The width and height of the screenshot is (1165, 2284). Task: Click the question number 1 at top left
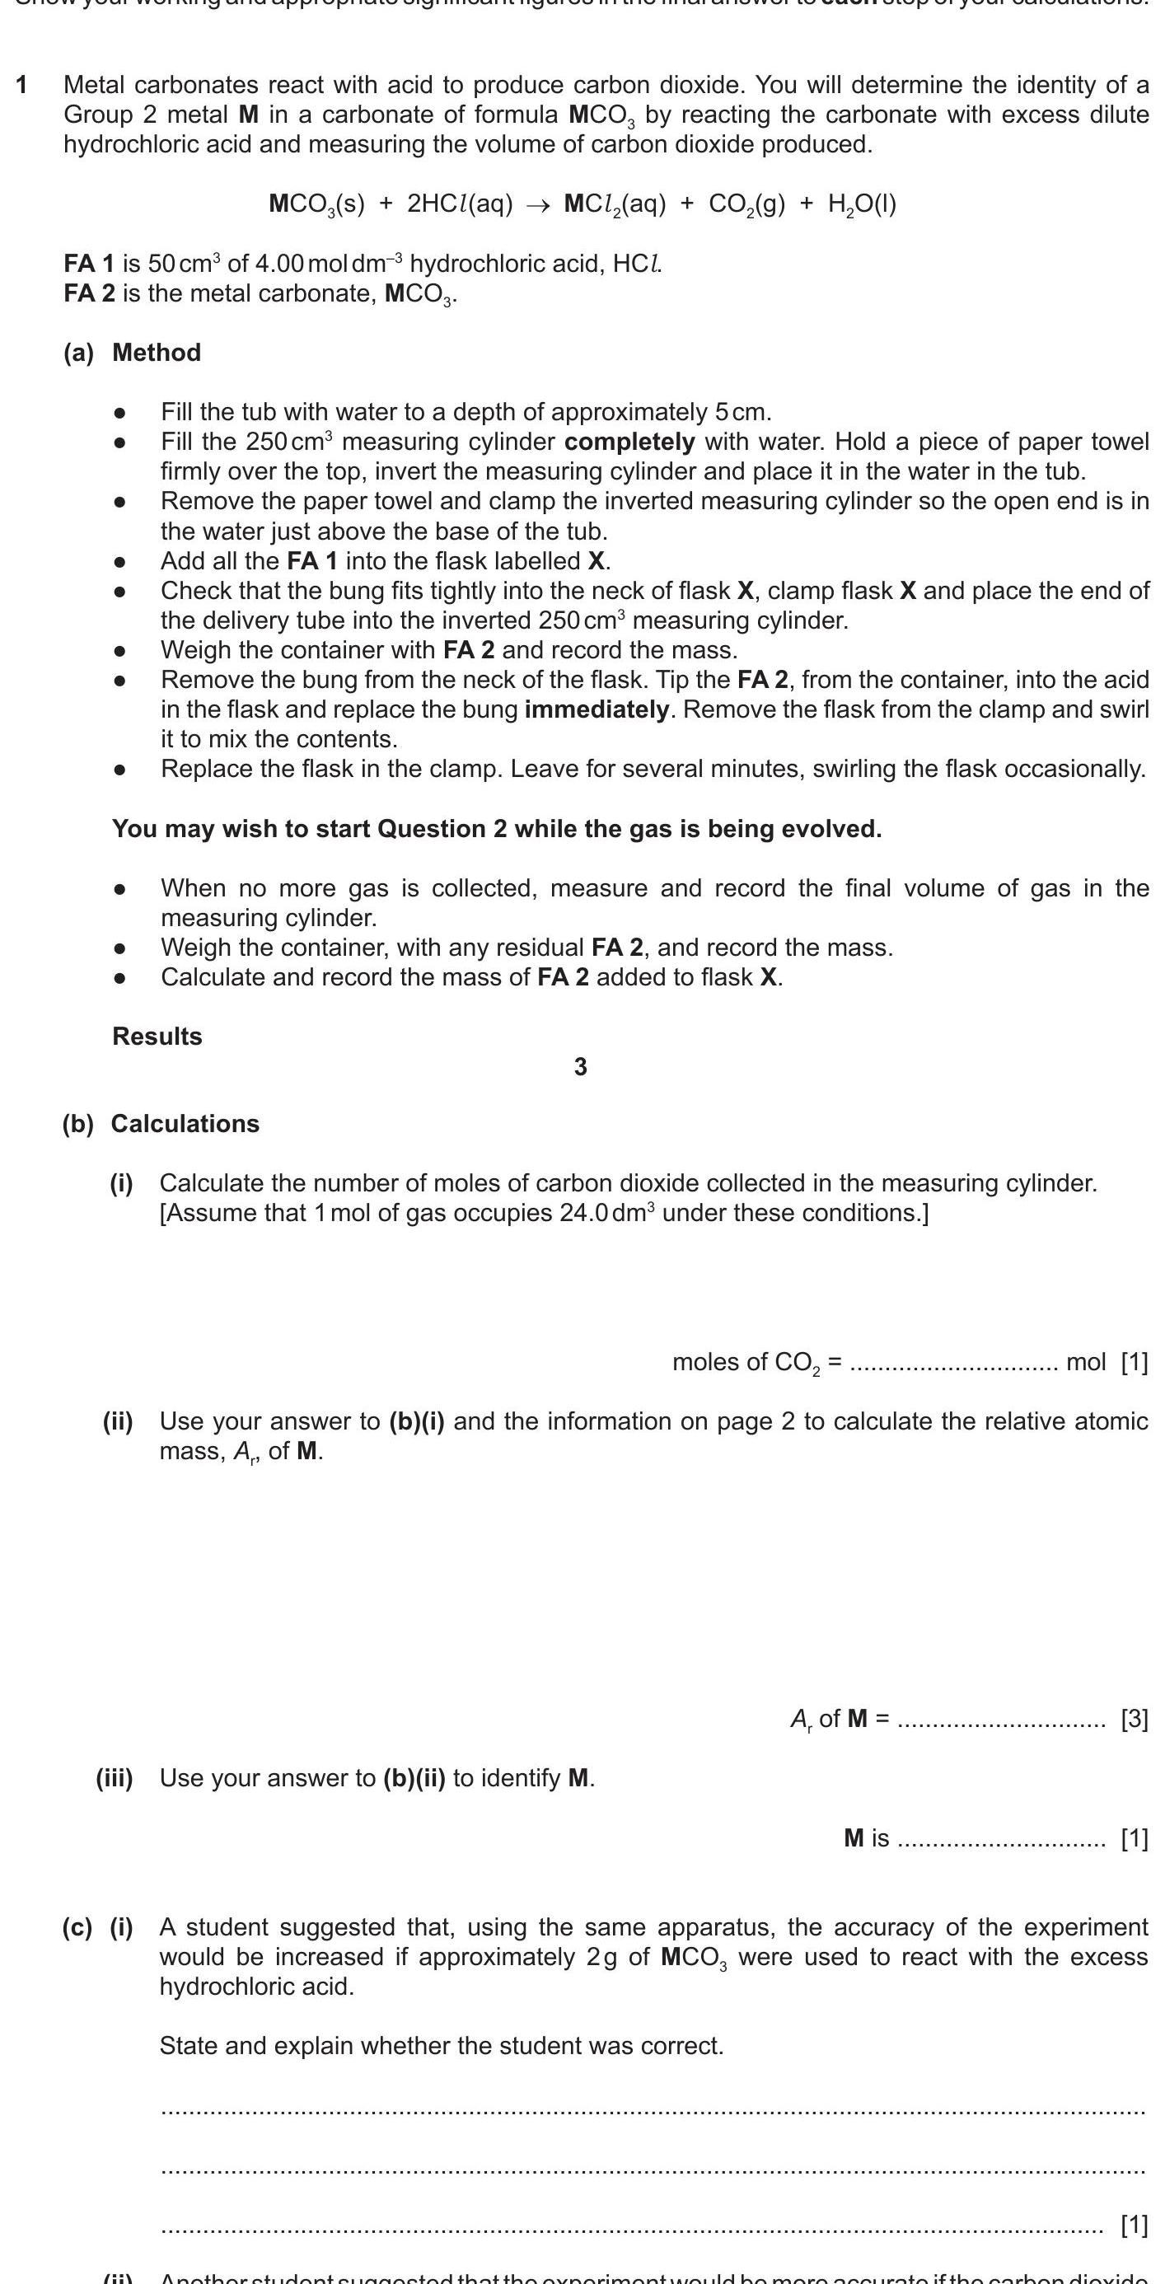pyautogui.click(x=21, y=85)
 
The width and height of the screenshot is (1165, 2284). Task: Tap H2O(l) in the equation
pyautogui.click(x=862, y=205)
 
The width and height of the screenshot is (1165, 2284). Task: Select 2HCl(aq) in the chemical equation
pyautogui.click(x=459, y=205)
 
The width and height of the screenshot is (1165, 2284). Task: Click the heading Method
pyautogui.click(x=156, y=353)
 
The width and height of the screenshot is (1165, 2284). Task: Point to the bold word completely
pyautogui.click(x=629, y=442)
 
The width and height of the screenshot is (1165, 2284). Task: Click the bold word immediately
pyautogui.click(x=597, y=709)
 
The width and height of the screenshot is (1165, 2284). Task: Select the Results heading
pyautogui.click(x=157, y=1037)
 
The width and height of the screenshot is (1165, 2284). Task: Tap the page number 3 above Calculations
pyautogui.click(x=581, y=1068)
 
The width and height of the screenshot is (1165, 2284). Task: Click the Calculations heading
pyautogui.click(x=185, y=1124)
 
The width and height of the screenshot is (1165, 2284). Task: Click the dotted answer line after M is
pyautogui.click(x=1001, y=1840)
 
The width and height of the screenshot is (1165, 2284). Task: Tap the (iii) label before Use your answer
pyautogui.click(x=115, y=1779)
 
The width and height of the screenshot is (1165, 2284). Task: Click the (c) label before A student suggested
pyautogui.click(x=77, y=1927)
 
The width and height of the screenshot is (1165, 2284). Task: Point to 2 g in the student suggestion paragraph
pyautogui.click(x=601, y=1957)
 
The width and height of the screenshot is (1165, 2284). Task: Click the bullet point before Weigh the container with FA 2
pyautogui.click(x=119, y=651)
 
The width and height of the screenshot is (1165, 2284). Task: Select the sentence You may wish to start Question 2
pyautogui.click(x=497, y=829)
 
